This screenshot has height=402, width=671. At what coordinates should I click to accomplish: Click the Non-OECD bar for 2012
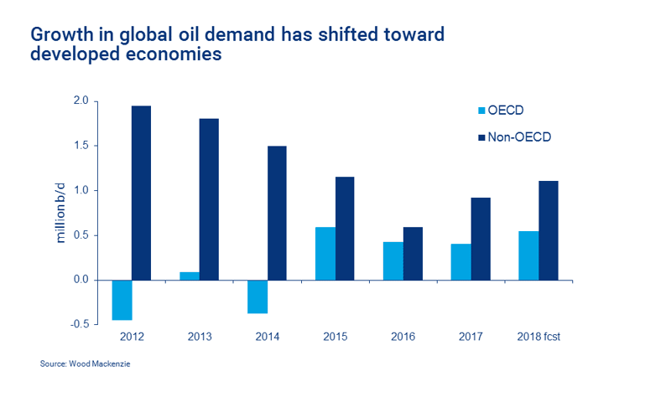pyautogui.click(x=141, y=193)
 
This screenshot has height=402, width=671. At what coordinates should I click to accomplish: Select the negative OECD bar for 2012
pyautogui.click(x=122, y=300)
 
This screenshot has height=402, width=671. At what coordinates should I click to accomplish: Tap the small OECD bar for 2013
pyautogui.click(x=190, y=276)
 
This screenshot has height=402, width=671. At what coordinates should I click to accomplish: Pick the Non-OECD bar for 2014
pyautogui.click(x=277, y=214)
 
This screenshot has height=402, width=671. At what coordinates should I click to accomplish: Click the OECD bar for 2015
pyautogui.click(x=325, y=254)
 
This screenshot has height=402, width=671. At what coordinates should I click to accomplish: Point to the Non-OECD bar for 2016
pyautogui.click(x=413, y=254)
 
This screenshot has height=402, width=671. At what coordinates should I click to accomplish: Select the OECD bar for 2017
pyautogui.click(x=460, y=262)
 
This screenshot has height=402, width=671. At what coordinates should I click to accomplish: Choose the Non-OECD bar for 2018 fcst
pyautogui.click(x=549, y=230)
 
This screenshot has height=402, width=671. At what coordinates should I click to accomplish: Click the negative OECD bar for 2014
pyautogui.click(x=257, y=297)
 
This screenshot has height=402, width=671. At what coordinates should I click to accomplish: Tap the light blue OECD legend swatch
pyautogui.click(x=481, y=111)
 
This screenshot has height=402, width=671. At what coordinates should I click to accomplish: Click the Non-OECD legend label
pyautogui.click(x=519, y=137)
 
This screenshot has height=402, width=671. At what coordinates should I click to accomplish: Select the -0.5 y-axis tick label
pyautogui.click(x=80, y=324)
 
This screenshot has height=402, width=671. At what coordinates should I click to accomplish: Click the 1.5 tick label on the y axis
pyautogui.click(x=81, y=146)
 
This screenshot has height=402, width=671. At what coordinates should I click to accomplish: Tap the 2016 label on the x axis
pyautogui.click(x=403, y=337)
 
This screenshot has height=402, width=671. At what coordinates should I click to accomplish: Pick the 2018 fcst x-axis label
pyautogui.click(x=538, y=337)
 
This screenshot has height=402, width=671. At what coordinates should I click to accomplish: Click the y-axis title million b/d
pyautogui.click(x=60, y=213)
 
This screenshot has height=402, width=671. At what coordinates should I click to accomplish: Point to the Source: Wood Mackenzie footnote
pyautogui.click(x=86, y=364)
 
